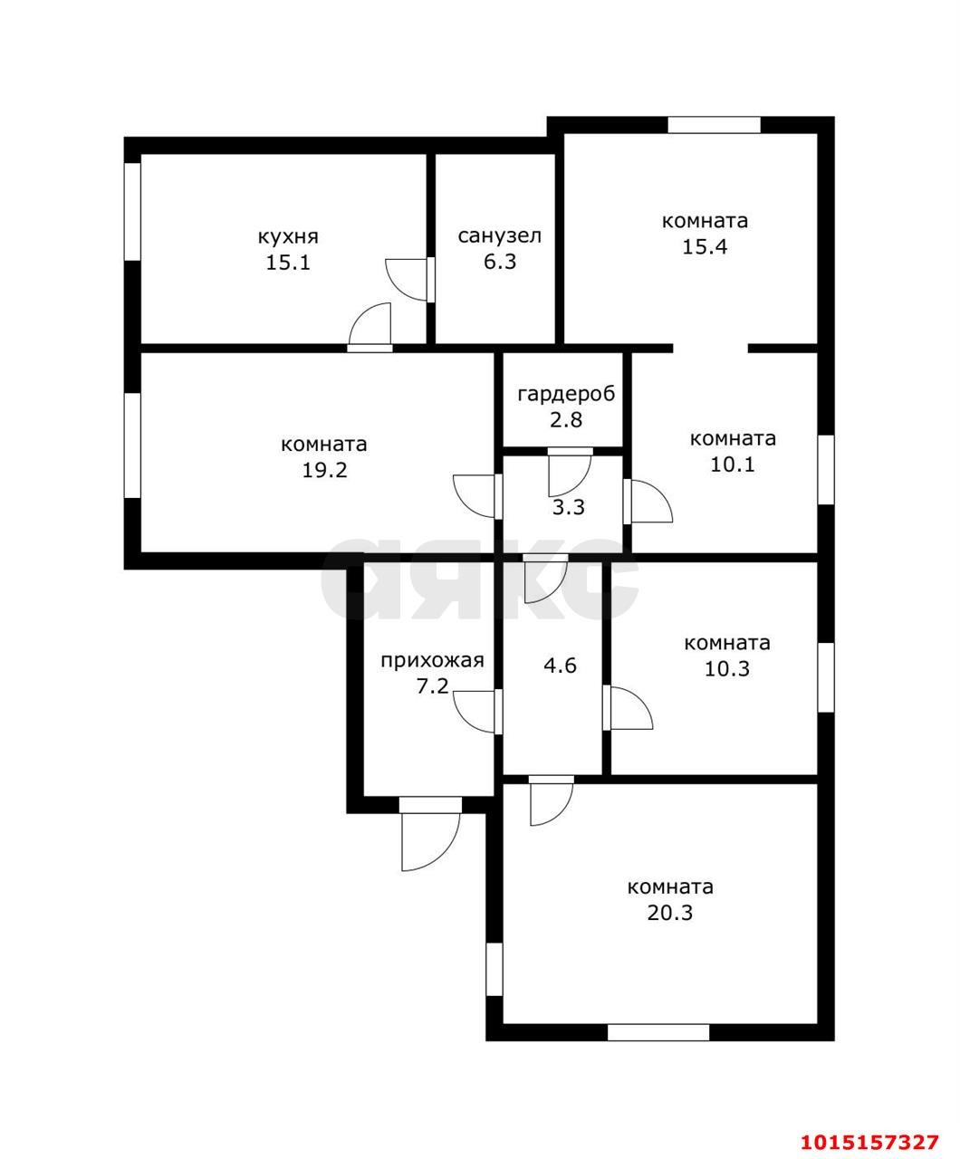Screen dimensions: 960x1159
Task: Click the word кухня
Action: tap(288, 237)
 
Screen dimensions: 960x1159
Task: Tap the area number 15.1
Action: tap(288, 263)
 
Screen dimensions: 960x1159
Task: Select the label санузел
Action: tap(499, 236)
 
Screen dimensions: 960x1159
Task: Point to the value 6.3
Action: tap(500, 262)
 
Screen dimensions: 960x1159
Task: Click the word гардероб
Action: tap(566, 395)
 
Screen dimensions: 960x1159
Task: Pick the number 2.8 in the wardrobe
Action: tap(566, 419)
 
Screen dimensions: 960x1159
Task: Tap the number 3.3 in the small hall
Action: tap(569, 507)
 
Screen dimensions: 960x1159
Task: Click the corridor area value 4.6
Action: tap(561, 665)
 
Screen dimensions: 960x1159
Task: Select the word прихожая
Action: tap(433, 661)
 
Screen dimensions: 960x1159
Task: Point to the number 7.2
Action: tap(433, 686)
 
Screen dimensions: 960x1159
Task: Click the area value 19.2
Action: tap(324, 471)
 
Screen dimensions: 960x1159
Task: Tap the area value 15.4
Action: tap(705, 246)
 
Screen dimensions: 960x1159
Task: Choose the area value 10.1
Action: tap(733, 464)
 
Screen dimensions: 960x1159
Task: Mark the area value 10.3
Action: tap(727, 669)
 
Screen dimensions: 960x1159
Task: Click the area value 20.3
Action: tap(670, 913)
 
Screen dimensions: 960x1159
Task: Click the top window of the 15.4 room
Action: tap(714, 125)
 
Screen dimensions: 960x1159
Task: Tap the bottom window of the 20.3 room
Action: tap(658, 1032)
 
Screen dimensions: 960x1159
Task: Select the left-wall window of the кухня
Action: tap(132, 211)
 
